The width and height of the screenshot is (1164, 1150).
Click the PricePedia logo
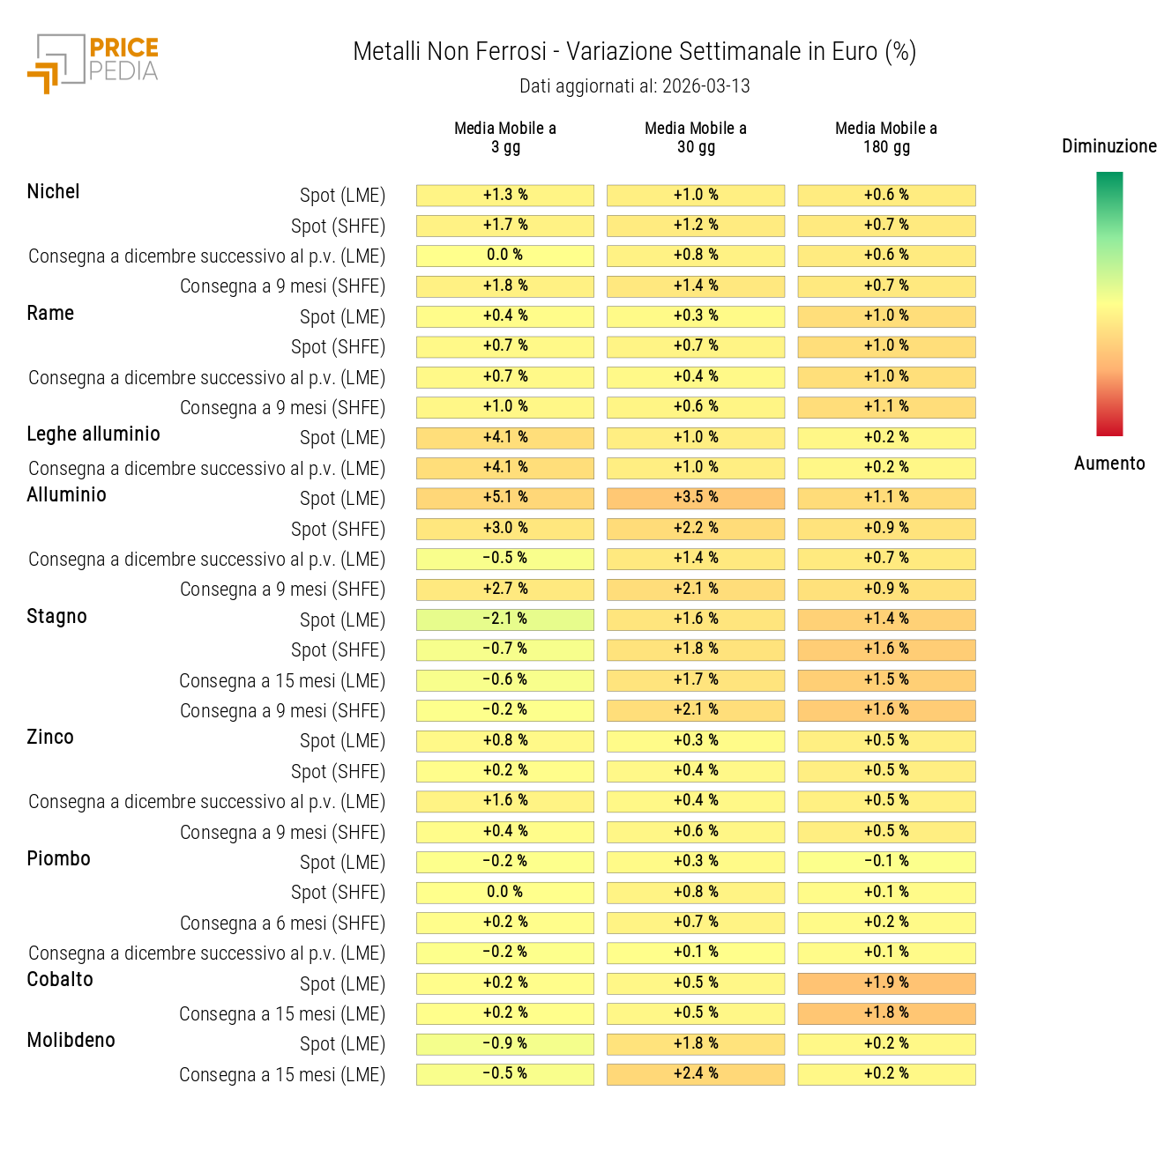93,63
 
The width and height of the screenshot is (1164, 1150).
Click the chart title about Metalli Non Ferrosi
634,52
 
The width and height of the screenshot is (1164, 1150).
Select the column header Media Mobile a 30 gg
696,137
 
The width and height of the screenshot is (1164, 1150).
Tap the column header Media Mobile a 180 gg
886,137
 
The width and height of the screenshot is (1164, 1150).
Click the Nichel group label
53,192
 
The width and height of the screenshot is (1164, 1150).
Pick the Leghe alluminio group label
93,434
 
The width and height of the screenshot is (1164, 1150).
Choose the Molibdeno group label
71,1041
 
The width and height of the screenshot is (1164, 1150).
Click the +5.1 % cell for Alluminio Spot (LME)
505,498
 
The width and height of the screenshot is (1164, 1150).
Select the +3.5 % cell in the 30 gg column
696,498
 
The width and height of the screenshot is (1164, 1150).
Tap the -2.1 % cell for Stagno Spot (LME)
505,620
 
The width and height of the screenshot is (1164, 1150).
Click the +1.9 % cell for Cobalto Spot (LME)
886,983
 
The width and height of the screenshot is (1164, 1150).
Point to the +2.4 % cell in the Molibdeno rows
696,1074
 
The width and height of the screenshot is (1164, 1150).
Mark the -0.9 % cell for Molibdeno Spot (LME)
505,1044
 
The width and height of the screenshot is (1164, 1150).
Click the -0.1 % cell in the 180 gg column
886,862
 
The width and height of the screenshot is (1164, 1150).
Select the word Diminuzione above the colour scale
1108,146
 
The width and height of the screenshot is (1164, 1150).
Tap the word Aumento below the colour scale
1109,464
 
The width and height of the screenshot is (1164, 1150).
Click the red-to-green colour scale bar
1109,304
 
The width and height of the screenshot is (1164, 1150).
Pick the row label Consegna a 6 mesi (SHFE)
282,924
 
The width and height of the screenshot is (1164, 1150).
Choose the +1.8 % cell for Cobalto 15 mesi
886,1013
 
